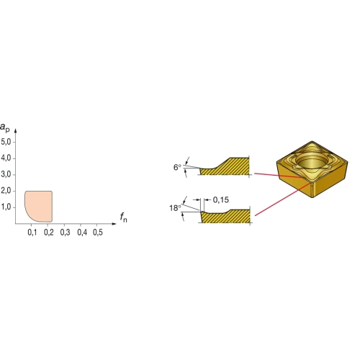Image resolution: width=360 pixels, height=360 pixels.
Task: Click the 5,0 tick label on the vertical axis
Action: tap(6, 142)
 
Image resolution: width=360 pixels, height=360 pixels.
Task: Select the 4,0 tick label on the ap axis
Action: tap(6, 158)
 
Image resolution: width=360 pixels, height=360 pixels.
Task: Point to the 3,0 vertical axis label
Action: tap(6, 174)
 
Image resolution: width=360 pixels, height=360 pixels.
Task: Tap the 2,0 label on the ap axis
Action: tap(6, 191)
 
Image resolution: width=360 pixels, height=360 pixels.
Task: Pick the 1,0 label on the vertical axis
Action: tap(6, 207)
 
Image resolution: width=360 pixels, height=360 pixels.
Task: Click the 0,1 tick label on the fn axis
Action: tap(32, 233)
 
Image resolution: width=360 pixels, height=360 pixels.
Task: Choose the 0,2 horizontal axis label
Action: tap(49, 233)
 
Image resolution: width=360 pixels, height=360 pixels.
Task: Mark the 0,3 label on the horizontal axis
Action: tap(65, 233)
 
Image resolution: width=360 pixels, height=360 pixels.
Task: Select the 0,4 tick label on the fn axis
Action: tap(82, 233)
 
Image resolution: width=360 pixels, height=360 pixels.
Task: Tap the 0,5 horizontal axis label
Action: tap(98, 233)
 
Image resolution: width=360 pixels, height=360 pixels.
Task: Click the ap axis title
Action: tap(5, 127)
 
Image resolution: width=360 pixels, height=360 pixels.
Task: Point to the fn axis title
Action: tap(124, 217)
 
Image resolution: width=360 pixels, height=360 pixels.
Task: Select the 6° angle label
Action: tap(177, 167)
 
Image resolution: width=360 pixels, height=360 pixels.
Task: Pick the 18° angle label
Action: tap(175, 208)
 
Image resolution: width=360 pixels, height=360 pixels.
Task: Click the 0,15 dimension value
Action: tap(221, 199)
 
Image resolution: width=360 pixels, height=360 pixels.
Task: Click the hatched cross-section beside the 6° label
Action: tap(225, 166)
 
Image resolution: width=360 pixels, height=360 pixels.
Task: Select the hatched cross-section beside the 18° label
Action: tap(225, 216)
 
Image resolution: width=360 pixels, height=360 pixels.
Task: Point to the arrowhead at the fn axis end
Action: tap(114, 224)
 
